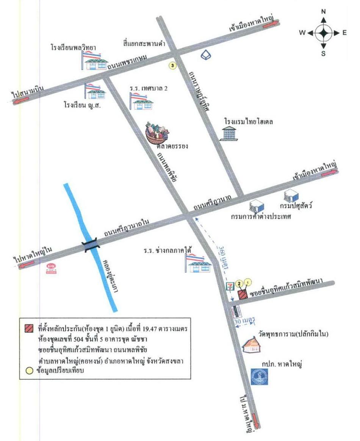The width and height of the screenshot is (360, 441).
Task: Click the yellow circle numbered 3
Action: (172, 66)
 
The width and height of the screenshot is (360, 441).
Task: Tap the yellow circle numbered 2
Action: (239, 283)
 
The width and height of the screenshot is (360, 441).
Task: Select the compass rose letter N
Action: (323, 12)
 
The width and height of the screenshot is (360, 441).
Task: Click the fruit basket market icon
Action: (157, 133)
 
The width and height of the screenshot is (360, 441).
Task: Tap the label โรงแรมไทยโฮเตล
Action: (248, 122)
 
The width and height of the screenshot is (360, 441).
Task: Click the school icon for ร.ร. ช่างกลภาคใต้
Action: (198, 263)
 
